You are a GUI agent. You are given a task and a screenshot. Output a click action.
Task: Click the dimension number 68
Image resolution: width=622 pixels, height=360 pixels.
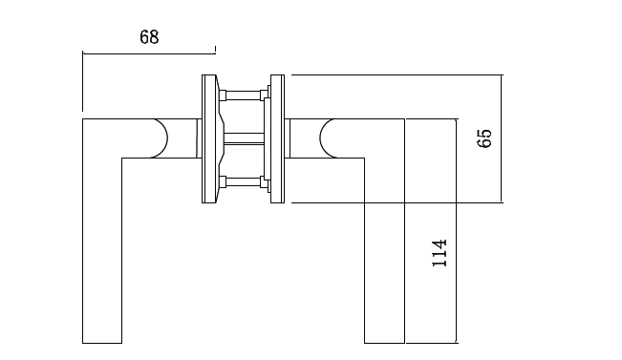pos(149,37)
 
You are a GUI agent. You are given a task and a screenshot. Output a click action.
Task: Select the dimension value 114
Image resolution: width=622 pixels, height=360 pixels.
pos(440,254)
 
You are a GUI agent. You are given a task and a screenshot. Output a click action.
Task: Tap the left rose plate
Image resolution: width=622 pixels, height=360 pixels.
pos(208,139)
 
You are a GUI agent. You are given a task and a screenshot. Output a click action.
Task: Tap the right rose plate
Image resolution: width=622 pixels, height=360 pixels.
pos(278,139)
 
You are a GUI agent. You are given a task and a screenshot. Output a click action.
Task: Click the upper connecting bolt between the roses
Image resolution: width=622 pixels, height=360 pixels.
pos(243,95)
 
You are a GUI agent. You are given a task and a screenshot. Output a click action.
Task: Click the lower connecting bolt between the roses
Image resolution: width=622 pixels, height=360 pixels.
pos(243,180)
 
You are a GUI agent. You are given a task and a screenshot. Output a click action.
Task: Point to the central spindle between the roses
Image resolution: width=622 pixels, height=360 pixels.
pos(243,139)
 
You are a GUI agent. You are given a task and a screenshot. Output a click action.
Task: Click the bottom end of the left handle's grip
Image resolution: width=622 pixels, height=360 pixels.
pos(102,342)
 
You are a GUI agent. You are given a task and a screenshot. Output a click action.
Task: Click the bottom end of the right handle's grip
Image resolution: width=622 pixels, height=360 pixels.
pos(385,342)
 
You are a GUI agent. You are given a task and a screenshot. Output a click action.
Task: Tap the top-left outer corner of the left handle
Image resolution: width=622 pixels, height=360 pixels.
pos(84,119)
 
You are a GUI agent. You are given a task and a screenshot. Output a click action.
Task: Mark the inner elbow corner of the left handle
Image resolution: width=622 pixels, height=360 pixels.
pos(122,157)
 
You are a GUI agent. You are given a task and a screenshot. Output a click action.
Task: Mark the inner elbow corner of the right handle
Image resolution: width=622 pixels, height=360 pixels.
pos(364,157)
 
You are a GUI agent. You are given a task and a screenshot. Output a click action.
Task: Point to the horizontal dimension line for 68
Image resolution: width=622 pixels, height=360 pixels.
pos(149,53)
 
